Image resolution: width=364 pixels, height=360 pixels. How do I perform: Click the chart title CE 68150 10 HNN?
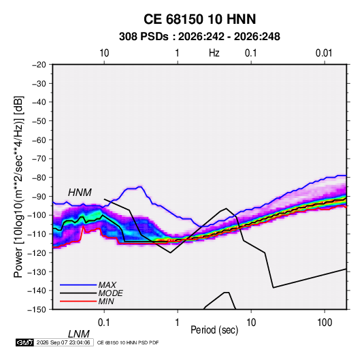(x=199, y=19)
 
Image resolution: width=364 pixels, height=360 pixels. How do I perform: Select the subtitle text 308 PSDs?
(x=144, y=37)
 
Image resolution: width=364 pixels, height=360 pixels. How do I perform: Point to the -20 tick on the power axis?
(x=39, y=65)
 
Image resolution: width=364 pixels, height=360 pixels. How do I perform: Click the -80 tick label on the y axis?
(x=39, y=178)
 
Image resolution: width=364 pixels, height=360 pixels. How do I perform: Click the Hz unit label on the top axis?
(x=214, y=53)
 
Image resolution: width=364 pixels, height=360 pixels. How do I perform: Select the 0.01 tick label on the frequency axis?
(x=324, y=53)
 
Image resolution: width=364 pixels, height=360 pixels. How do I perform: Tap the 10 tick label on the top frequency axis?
(x=104, y=53)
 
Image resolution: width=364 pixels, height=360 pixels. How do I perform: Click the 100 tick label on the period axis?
(x=325, y=323)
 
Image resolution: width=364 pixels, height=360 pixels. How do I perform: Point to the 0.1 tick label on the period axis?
(x=104, y=323)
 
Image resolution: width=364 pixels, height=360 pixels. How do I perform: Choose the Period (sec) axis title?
(x=214, y=330)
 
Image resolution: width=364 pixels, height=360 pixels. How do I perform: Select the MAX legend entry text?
(x=107, y=284)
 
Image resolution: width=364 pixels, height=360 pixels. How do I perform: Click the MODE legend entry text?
(x=110, y=293)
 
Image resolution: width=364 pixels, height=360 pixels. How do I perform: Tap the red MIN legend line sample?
(x=78, y=301)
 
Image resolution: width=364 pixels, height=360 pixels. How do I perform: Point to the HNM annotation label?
(x=80, y=193)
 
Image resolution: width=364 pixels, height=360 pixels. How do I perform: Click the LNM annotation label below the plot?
(x=78, y=334)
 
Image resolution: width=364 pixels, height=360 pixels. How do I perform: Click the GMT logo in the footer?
(x=24, y=342)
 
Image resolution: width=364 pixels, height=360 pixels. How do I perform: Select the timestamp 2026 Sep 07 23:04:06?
(x=63, y=342)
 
